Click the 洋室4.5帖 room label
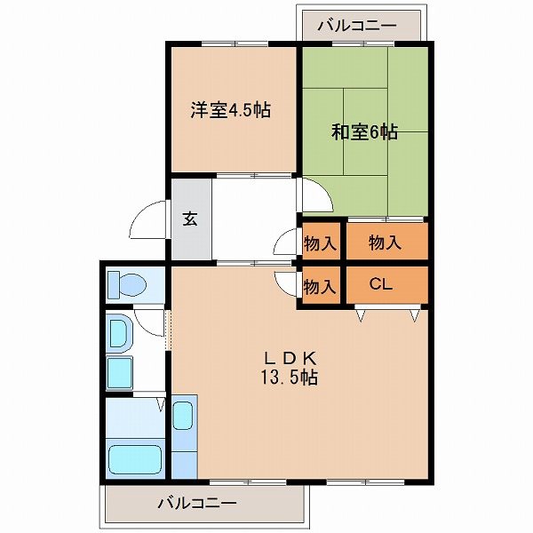click(230, 110)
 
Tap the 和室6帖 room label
click(364, 131)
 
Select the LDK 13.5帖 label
click(290, 368)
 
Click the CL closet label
click(381, 284)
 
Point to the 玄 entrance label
click(190, 219)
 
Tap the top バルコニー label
click(357, 26)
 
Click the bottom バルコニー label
click(197, 503)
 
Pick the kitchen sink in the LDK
click(183, 416)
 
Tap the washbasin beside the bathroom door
click(119, 331)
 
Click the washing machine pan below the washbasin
click(120, 372)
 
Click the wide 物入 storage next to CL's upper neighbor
click(387, 242)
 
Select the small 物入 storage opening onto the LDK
click(321, 285)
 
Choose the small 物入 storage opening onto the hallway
click(321, 242)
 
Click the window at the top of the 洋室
click(235, 44)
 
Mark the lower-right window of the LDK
click(365, 481)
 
